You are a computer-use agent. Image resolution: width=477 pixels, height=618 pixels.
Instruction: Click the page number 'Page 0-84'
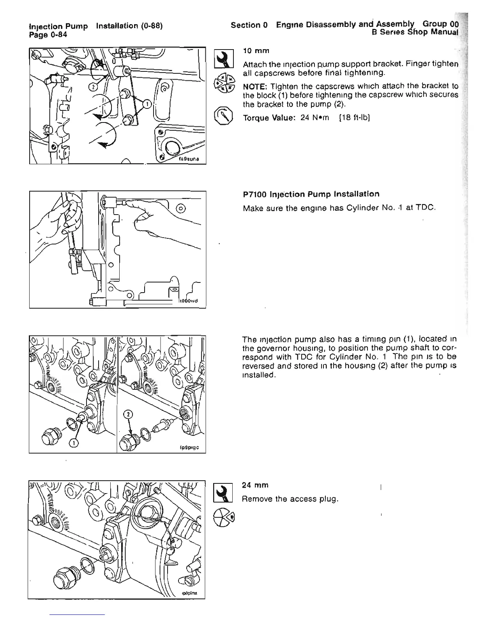pos(48,34)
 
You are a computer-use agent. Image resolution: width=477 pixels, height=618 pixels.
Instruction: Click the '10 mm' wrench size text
pos(256,51)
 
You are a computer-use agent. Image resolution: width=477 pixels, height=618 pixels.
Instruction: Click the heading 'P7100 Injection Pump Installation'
pos(311,194)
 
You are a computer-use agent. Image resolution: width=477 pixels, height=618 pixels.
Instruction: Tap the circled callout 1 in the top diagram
pos(147,104)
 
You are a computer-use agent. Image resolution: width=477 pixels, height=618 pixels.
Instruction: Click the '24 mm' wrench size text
pos(255,485)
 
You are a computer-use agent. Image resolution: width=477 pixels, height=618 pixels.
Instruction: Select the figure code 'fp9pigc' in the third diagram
pos(190,448)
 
